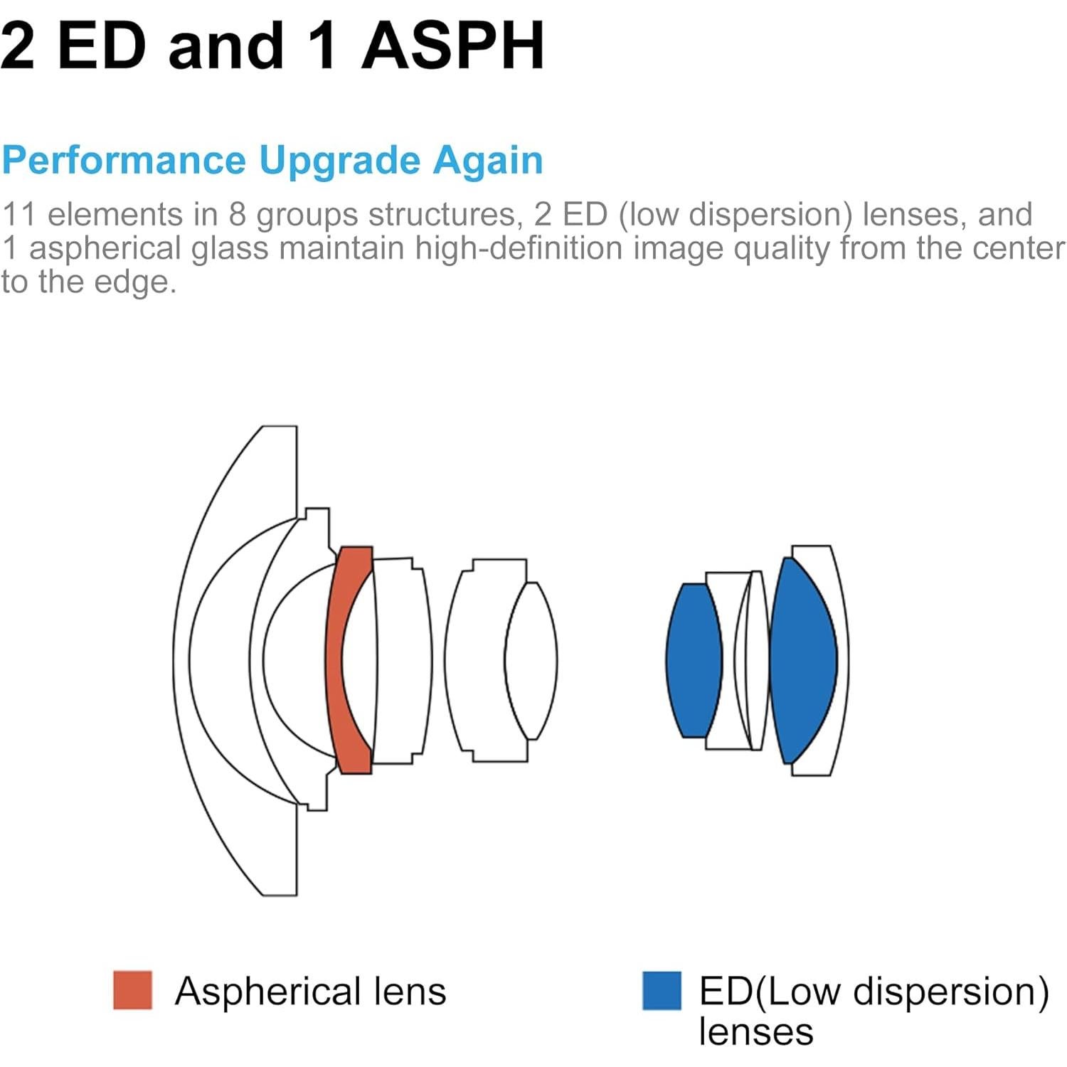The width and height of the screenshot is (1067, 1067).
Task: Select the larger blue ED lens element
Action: click(802, 660)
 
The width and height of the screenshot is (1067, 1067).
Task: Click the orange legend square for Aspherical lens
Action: click(132, 989)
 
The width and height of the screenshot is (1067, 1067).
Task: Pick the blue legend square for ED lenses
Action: click(662, 990)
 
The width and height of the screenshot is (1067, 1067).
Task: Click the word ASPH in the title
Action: click(453, 46)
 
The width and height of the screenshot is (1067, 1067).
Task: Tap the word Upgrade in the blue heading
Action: click(338, 161)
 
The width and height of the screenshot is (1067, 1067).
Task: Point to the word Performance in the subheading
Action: click(123, 160)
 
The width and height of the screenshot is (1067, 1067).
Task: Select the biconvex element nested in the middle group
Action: click(531, 660)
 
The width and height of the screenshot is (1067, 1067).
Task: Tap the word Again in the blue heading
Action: click(488, 160)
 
